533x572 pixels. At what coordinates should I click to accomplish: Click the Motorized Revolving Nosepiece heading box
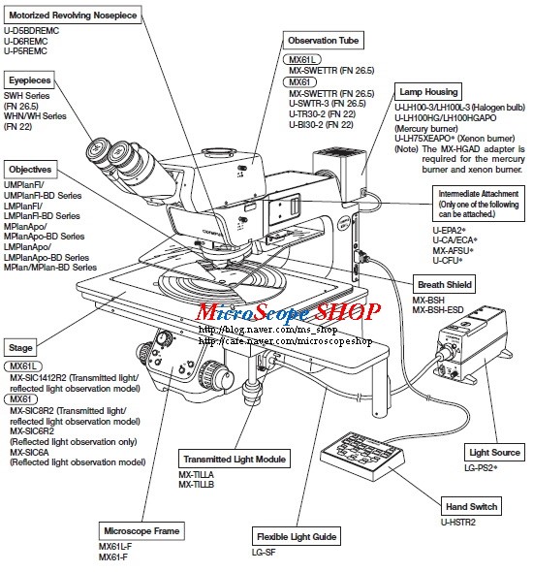click(x=73, y=16)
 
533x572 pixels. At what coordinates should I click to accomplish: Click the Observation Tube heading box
click(x=324, y=41)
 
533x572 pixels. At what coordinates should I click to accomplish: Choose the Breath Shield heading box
click(x=445, y=285)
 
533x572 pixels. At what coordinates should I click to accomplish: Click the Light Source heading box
click(x=495, y=453)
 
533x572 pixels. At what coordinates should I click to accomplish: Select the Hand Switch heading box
click(x=472, y=506)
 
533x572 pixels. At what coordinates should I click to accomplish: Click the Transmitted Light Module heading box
click(x=233, y=458)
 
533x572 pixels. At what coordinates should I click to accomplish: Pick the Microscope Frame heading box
click(x=141, y=530)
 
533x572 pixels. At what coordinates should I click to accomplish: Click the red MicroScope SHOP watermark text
click(x=289, y=313)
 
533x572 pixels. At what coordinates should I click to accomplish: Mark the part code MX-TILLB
click(x=196, y=484)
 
